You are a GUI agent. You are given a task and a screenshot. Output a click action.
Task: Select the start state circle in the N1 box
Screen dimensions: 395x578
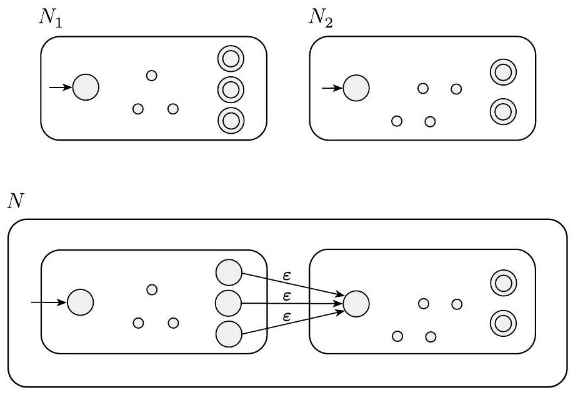(86, 87)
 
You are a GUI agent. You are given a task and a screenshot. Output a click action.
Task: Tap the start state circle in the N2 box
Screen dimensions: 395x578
(356, 87)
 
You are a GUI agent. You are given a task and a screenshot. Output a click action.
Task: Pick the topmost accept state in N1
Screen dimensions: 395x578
(231, 59)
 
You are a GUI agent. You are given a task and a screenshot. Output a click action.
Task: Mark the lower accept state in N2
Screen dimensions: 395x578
(502, 112)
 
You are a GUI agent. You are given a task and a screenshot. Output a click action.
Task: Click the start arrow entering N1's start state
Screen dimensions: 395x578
(61, 87)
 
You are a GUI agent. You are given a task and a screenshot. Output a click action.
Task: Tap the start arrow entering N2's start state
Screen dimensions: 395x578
(332, 87)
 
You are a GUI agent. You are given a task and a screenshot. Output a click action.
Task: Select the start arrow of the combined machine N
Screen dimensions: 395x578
(49, 302)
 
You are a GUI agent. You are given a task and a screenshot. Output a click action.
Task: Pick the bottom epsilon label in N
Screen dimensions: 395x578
(287, 317)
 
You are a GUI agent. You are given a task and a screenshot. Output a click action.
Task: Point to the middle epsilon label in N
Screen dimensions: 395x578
(287, 295)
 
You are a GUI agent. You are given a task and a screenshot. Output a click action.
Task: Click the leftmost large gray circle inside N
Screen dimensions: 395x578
(81, 302)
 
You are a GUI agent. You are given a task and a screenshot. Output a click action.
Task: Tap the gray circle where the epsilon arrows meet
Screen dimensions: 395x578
(356, 303)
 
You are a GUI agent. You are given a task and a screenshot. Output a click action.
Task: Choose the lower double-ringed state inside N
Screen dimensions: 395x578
(502, 323)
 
